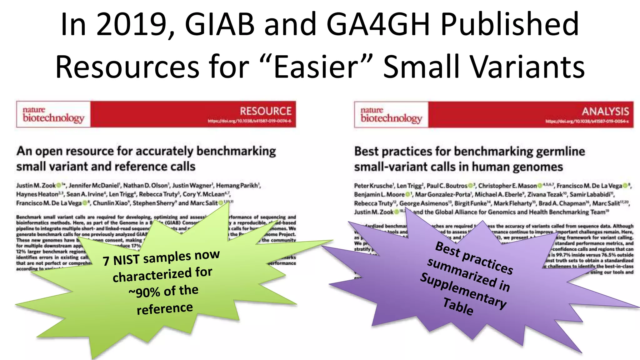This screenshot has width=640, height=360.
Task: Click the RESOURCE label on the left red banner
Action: pos(265,111)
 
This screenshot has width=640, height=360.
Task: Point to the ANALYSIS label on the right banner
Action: pos(605,112)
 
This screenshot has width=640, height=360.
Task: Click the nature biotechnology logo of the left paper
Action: pos(53,114)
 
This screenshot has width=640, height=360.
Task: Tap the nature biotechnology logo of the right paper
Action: pos(391,115)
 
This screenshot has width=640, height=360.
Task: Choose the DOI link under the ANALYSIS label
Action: pos(587,121)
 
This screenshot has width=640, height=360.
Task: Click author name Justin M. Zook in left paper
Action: pos(36,186)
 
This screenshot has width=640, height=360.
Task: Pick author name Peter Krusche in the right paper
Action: pos(373,186)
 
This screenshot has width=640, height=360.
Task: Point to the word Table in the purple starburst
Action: pos(458,307)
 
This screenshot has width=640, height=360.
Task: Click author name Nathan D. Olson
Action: pos(145,186)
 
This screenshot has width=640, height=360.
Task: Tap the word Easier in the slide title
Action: pos(316,67)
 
